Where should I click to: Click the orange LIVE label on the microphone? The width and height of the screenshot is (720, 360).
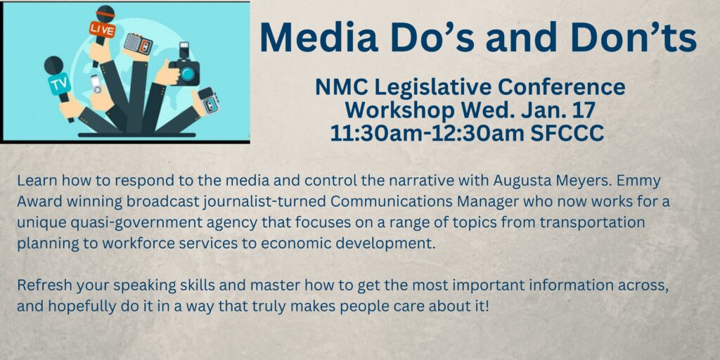click(x=102, y=29)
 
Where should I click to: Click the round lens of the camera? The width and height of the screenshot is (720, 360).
click(x=187, y=74)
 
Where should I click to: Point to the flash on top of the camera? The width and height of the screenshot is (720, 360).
click(x=184, y=49)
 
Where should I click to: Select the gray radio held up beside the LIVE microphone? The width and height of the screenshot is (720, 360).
click(x=138, y=44)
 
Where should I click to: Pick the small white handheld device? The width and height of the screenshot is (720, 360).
click(x=96, y=84)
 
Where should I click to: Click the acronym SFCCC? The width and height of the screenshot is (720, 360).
click(x=567, y=133)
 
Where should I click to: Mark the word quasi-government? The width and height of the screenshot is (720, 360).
click(x=121, y=224)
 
